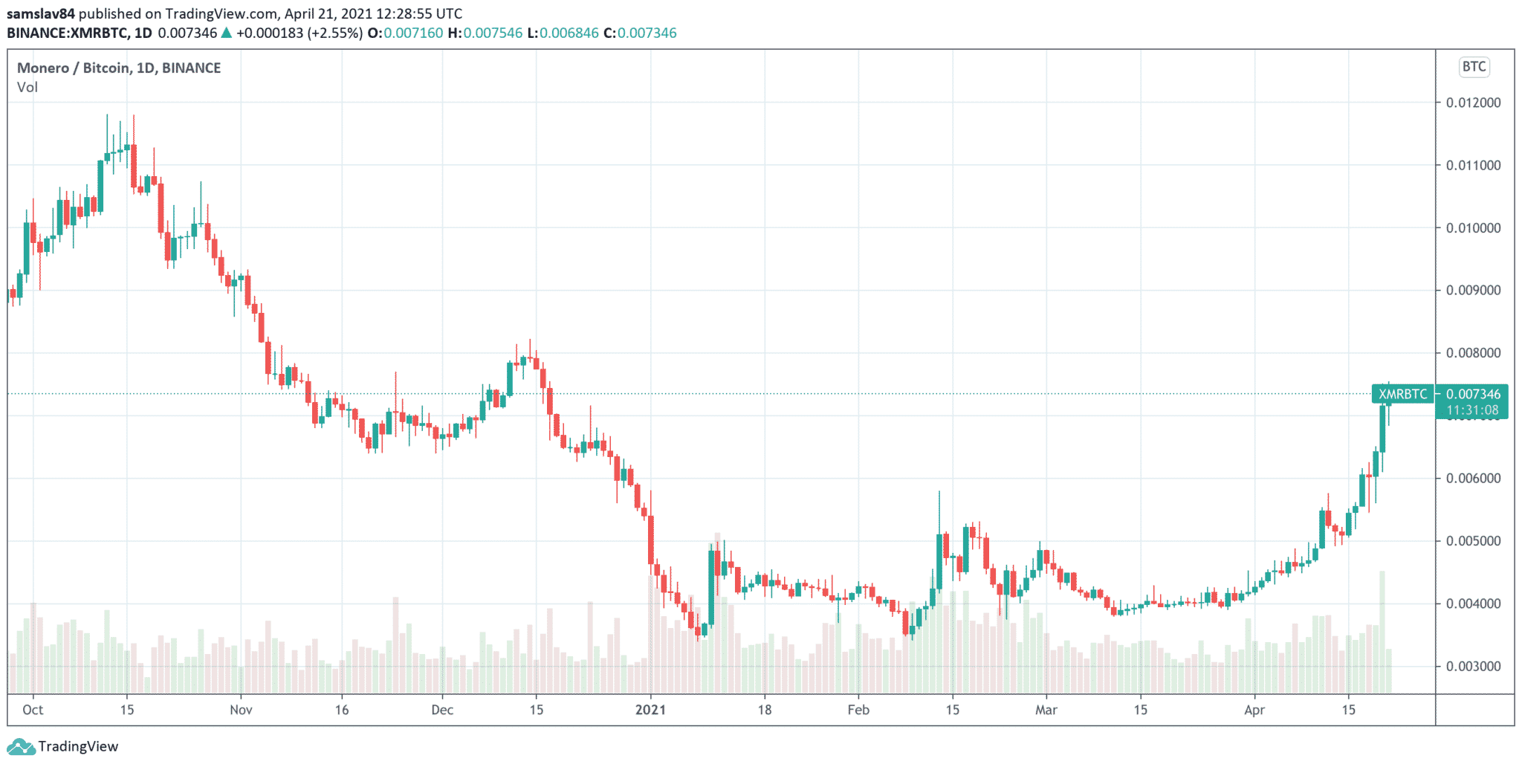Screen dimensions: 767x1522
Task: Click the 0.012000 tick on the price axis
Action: [1473, 103]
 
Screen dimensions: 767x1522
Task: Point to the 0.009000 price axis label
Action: [1473, 291]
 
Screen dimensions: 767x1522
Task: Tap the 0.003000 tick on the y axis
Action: [1473, 667]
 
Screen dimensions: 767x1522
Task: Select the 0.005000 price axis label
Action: [1473, 541]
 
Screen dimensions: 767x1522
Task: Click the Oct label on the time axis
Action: [33, 710]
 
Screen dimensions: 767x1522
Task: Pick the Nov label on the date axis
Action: [241, 710]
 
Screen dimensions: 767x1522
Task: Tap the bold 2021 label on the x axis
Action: [650, 710]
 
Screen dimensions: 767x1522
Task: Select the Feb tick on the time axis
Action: [858, 710]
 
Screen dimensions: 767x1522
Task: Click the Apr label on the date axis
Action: [1254, 710]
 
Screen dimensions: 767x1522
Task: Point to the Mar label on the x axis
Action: [1046, 710]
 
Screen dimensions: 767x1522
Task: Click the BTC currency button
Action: [1474, 67]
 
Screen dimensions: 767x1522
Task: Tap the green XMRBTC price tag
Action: [1402, 394]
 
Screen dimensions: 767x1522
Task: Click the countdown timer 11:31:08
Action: [1472, 410]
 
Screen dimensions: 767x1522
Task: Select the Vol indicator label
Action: [27, 87]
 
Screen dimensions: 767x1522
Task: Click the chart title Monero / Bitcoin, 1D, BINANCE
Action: [119, 68]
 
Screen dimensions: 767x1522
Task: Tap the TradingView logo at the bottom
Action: [62, 746]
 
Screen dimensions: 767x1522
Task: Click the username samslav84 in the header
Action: [41, 13]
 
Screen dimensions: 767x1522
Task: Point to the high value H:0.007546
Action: [485, 33]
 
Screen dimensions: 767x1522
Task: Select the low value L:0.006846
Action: [563, 33]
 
